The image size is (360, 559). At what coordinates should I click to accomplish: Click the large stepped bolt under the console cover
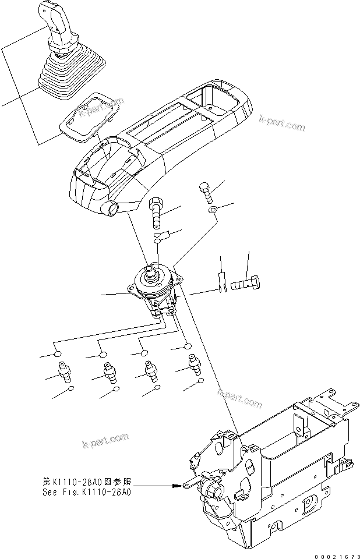pyautogui.click(x=157, y=213)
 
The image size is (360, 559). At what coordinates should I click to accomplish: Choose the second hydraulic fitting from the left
pyautogui.click(x=107, y=370)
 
